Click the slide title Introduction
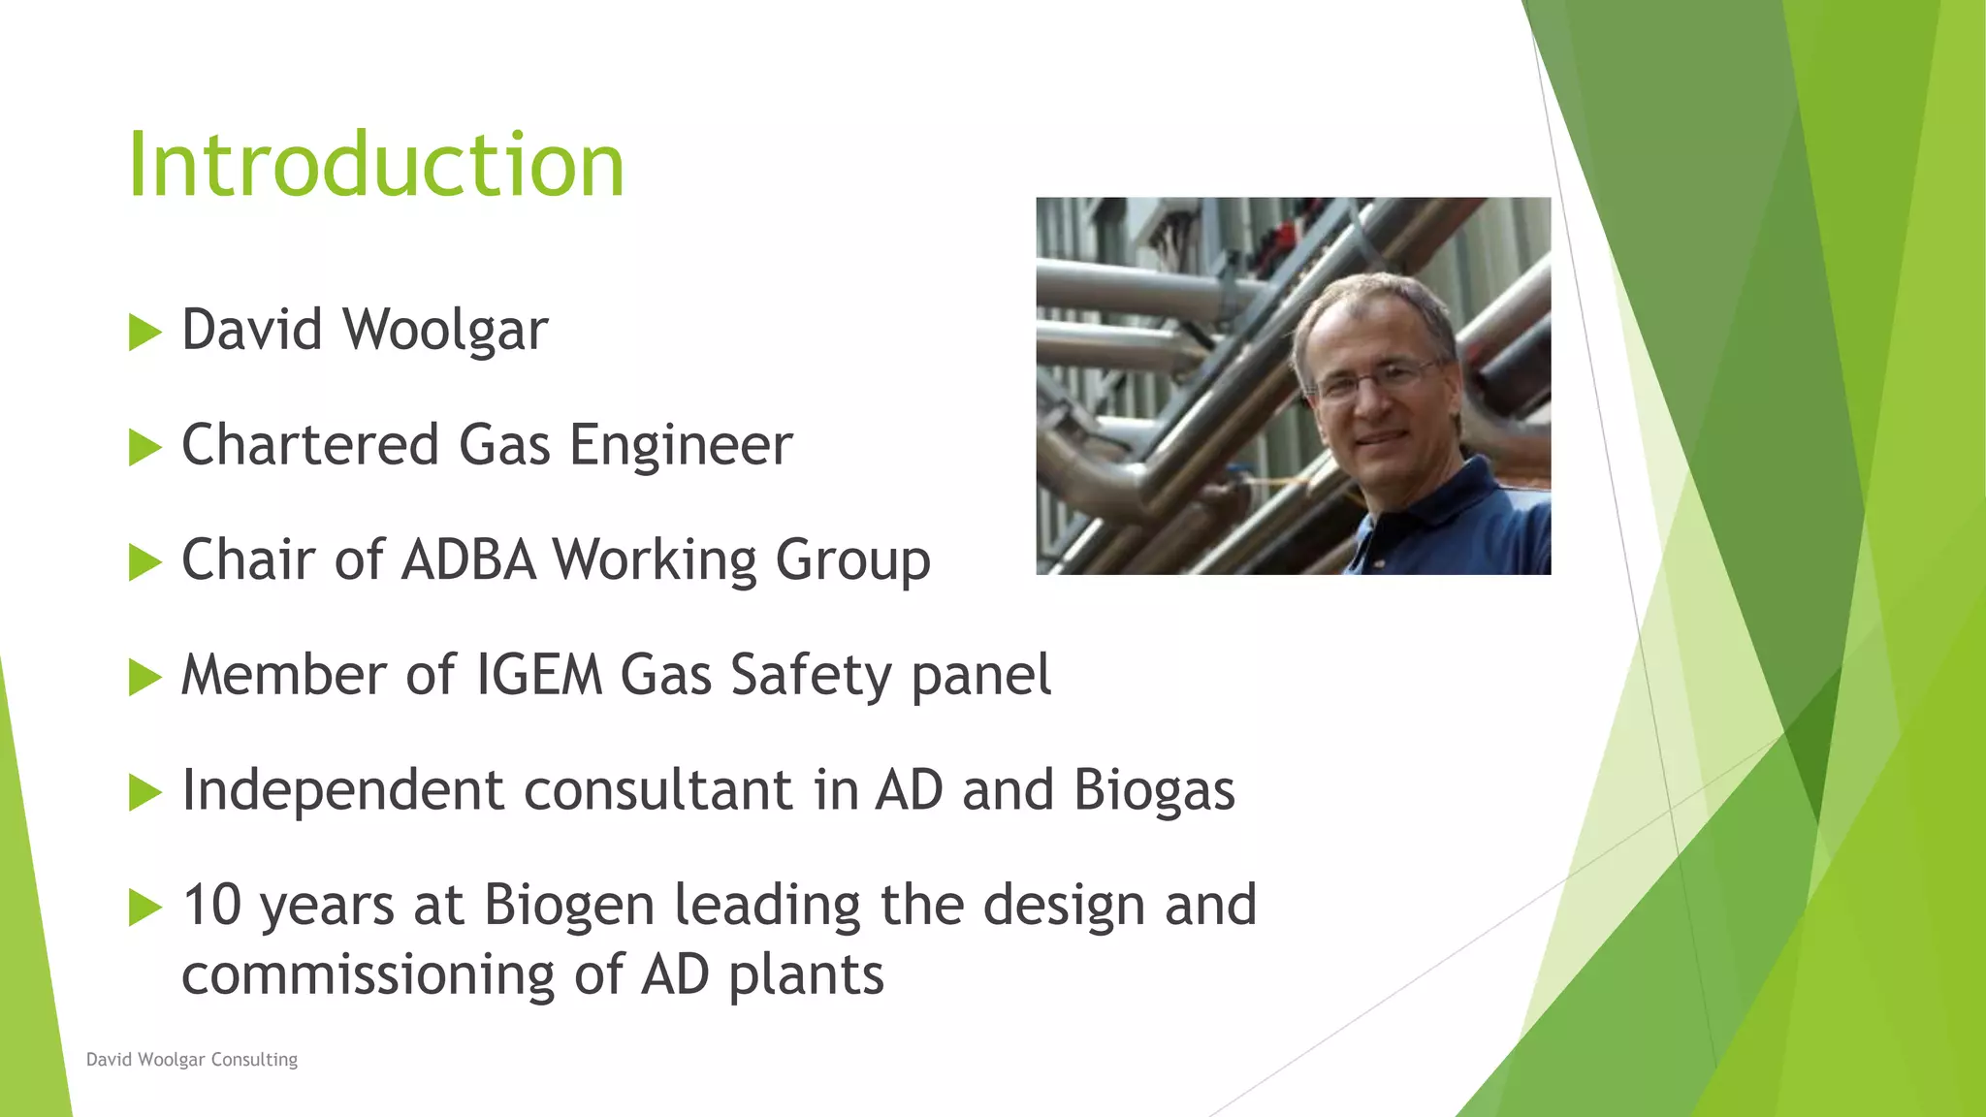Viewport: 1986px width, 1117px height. coord(376,165)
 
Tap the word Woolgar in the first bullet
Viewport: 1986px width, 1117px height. coord(445,331)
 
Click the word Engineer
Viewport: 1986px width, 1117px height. coord(681,447)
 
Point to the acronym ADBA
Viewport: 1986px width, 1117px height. coord(468,560)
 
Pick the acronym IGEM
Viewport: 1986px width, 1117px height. coord(539,675)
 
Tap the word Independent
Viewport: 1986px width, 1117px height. coord(342,790)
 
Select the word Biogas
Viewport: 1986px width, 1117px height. coord(1154,791)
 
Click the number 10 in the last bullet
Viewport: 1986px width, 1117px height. coord(211,906)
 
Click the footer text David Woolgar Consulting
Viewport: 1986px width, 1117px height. coord(192,1060)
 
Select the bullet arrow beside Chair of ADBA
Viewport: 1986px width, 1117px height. coord(144,562)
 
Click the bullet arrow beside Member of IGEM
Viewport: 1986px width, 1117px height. coord(144,677)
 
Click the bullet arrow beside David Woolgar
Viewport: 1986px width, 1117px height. coord(144,333)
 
